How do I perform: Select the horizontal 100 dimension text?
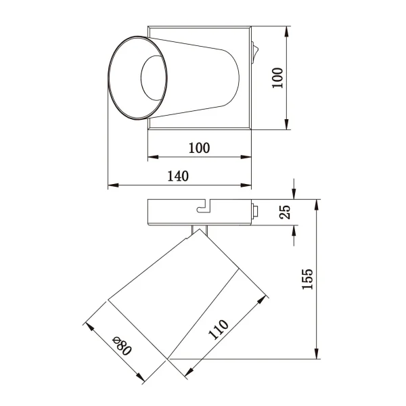(199, 148)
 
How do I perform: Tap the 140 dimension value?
(177, 176)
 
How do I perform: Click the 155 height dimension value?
(308, 279)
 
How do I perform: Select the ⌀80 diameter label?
(121, 346)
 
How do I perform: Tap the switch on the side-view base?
(255, 211)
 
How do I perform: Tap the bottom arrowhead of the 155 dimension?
(317, 355)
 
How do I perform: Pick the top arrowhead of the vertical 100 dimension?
(288, 31)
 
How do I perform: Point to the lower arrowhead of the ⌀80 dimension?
(141, 379)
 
